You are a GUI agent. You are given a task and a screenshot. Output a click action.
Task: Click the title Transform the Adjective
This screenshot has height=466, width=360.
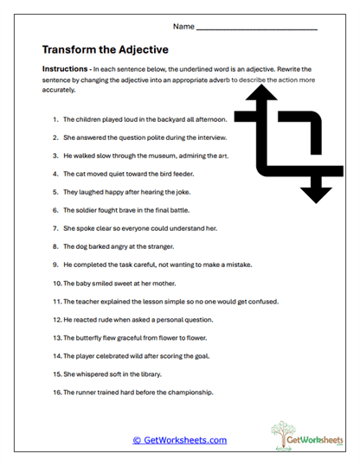[x=105, y=49]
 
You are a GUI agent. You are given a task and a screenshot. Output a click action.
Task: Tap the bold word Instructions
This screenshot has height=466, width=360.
[x=66, y=68]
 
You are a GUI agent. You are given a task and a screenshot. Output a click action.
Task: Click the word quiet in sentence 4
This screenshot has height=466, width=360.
[x=126, y=172]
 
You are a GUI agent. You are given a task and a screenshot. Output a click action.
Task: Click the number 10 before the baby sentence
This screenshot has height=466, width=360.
[x=57, y=283]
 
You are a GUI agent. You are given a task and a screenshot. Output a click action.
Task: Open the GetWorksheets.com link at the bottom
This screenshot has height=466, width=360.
[x=180, y=440]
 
